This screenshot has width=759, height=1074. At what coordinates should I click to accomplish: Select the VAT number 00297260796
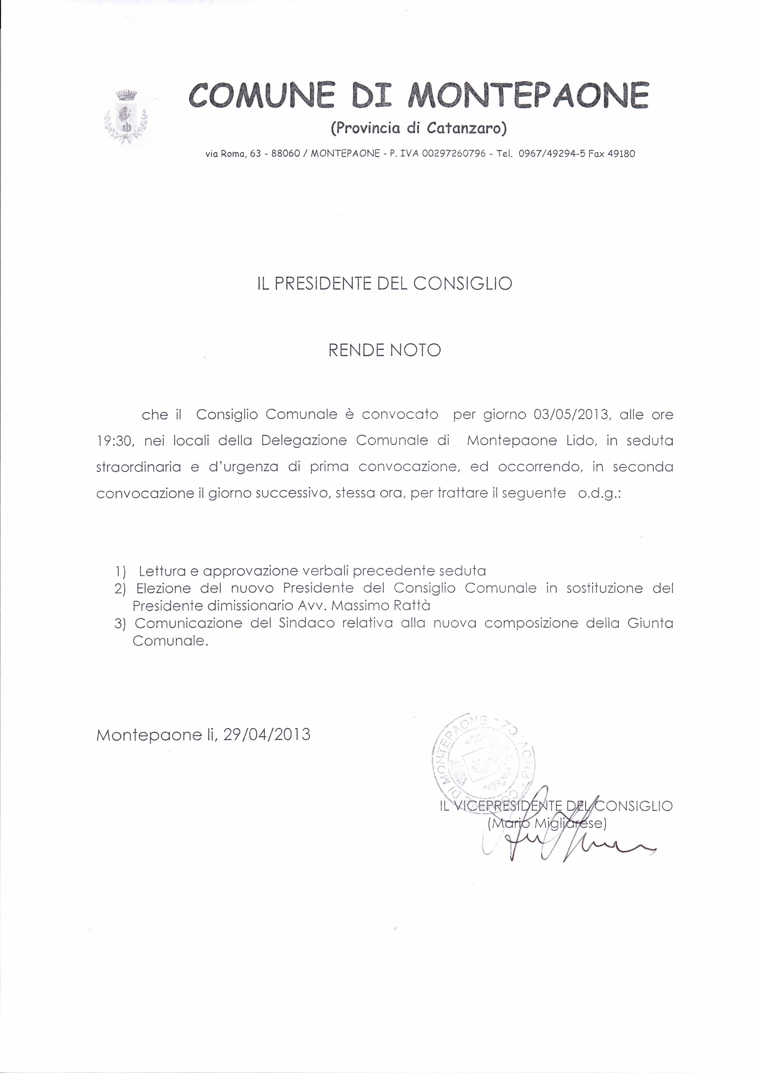click(x=454, y=153)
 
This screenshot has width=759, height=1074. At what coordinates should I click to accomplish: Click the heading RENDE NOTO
click(x=384, y=350)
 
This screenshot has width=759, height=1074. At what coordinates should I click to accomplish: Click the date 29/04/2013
click(x=267, y=734)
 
